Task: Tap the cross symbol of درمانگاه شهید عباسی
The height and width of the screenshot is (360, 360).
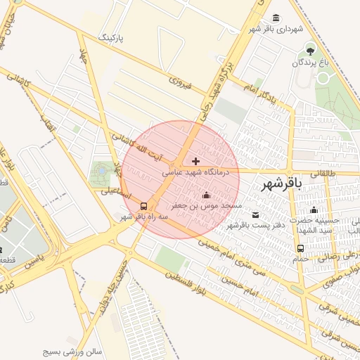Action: coord(195,162)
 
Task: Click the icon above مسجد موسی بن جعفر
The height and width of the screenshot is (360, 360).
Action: coord(206,195)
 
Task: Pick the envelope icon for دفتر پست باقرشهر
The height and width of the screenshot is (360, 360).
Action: coord(255,214)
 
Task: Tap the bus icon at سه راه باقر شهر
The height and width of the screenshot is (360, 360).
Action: coord(144,206)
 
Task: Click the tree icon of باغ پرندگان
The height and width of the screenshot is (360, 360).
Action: coord(311,50)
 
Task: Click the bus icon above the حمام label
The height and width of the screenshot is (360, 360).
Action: coord(301,248)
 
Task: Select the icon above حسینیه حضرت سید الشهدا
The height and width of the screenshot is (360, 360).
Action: coord(314,210)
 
